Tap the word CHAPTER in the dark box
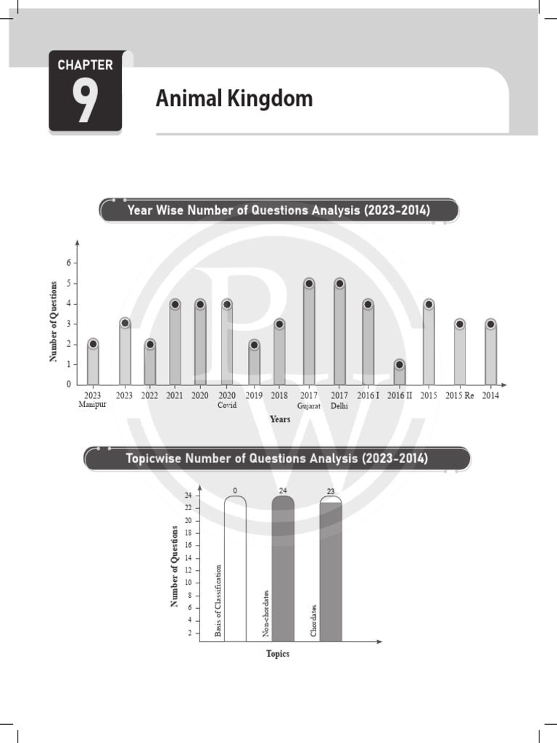(x=85, y=65)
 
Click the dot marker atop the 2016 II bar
(x=399, y=364)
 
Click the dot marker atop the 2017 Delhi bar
(x=339, y=284)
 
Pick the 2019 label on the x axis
(x=253, y=395)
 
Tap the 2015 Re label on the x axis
(x=459, y=395)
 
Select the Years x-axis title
(x=280, y=419)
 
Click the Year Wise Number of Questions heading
(x=278, y=210)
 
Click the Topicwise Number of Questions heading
(x=277, y=459)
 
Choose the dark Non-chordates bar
(x=283, y=573)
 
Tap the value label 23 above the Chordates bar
(x=331, y=492)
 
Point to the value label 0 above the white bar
(x=235, y=491)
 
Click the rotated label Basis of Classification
(x=218, y=602)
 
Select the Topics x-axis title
(x=278, y=654)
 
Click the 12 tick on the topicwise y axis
(x=188, y=570)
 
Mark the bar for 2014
(x=491, y=356)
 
